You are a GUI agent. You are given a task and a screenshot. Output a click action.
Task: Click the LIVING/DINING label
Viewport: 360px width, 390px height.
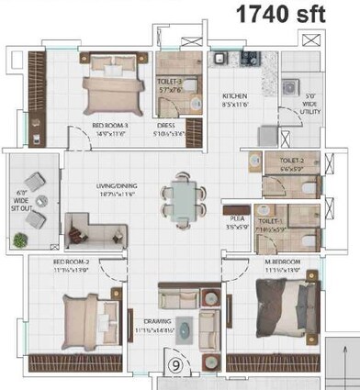110,190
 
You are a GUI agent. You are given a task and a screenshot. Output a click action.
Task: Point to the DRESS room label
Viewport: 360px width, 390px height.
167,127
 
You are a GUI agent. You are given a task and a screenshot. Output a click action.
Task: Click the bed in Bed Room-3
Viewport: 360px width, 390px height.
115,87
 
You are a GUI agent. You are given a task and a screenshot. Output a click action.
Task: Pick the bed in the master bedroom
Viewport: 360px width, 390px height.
287,312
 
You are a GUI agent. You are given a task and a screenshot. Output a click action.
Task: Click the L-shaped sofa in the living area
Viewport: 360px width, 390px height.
88,225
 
